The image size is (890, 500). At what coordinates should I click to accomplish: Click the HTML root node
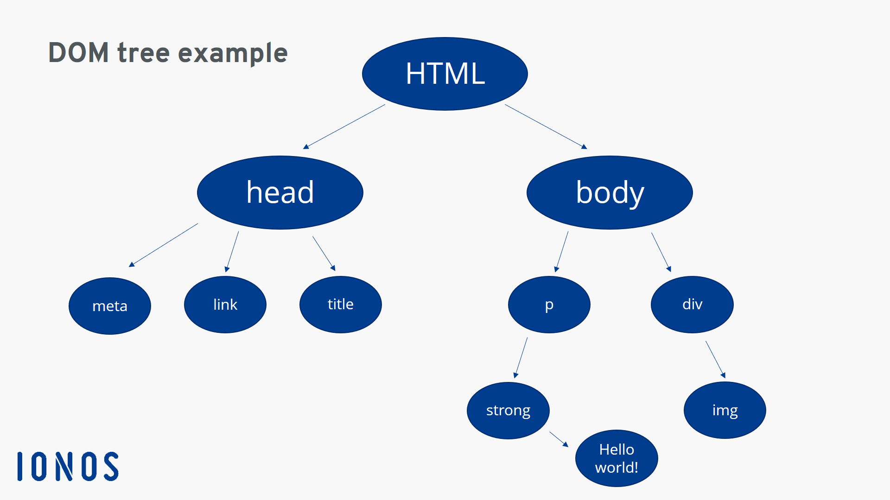pyautogui.click(x=445, y=74)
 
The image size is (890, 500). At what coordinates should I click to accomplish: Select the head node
pyautogui.click(x=280, y=192)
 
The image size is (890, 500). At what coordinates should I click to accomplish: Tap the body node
pyautogui.click(x=610, y=192)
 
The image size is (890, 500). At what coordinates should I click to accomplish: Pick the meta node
pyautogui.click(x=110, y=306)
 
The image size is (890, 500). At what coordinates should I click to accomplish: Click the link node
pyautogui.click(x=225, y=304)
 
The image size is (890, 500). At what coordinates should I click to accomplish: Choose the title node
pyautogui.click(x=341, y=304)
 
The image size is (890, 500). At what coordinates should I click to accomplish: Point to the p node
pyautogui.click(x=549, y=304)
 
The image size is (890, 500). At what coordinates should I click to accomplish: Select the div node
pyautogui.click(x=692, y=304)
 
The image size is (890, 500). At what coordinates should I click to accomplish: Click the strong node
pyautogui.click(x=508, y=410)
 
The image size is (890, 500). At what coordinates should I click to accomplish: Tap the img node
pyautogui.click(x=725, y=410)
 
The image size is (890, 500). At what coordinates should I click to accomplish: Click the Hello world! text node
pyautogui.click(x=617, y=458)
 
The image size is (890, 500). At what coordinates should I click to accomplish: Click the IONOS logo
pyautogui.click(x=68, y=466)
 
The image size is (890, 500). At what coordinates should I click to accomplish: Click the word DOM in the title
pyautogui.click(x=78, y=52)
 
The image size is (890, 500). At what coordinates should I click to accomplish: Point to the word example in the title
pyautogui.click(x=233, y=53)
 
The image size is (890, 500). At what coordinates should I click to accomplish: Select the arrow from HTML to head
pyautogui.click(x=344, y=126)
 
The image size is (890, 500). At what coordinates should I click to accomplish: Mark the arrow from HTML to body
pyautogui.click(x=546, y=126)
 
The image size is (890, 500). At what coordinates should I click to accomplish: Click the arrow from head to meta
pyautogui.click(x=164, y=245)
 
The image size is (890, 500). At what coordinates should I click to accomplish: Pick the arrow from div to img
pyautogui.click(x=715, y=359)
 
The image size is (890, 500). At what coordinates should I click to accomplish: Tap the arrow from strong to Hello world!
pyautogui.click(x=559, y=439)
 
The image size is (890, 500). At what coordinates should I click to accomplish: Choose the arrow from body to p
pyautogui.click(x=562, y=251)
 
